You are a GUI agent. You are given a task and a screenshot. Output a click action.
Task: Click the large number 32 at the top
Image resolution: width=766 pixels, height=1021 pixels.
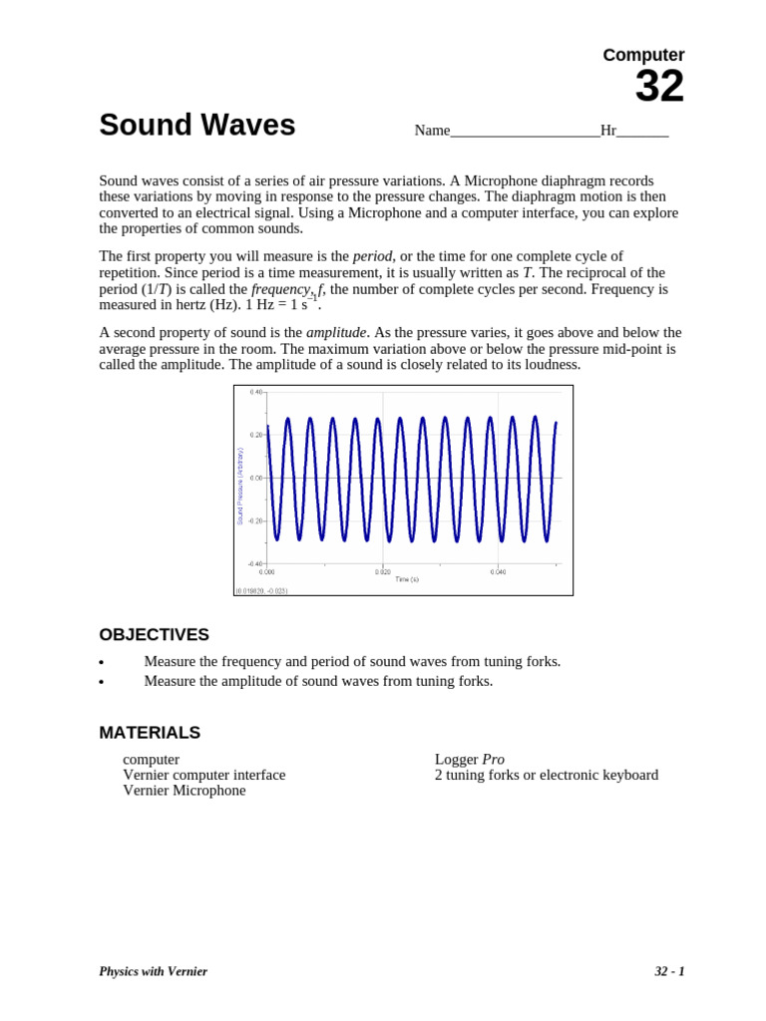659,88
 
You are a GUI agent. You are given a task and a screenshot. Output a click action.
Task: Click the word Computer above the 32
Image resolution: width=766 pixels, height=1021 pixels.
643,55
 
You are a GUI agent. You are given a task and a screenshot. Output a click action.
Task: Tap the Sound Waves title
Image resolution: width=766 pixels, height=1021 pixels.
197,126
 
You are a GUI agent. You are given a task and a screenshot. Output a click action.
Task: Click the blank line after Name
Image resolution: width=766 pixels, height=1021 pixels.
525,132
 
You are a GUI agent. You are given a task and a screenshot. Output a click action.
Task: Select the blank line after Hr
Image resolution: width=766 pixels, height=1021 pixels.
642,132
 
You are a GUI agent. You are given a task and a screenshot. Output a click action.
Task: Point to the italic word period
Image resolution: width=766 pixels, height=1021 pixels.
372,256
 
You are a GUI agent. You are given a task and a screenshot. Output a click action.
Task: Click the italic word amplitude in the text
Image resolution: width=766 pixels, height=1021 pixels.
336,332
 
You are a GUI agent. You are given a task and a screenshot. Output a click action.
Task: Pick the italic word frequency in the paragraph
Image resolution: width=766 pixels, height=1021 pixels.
280,289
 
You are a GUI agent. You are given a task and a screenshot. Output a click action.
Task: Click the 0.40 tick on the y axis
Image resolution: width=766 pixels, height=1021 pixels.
256,392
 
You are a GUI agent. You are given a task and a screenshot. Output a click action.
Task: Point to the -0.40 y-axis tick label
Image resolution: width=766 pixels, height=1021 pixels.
255,563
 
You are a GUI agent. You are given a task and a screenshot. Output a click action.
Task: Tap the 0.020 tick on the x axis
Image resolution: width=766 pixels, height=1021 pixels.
383,571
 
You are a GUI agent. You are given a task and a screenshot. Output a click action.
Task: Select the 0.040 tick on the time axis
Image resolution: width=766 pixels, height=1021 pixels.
498,571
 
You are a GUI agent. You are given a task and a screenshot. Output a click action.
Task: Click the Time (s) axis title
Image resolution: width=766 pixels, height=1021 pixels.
407,579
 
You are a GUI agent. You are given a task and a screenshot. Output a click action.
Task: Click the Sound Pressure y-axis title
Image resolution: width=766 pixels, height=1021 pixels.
240,487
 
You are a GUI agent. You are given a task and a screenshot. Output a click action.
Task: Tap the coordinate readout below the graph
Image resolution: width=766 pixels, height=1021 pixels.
262,590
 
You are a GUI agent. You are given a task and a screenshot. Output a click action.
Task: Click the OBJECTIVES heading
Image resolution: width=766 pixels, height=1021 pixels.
154,635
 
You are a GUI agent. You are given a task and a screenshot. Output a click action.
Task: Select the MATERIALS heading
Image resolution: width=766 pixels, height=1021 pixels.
150,733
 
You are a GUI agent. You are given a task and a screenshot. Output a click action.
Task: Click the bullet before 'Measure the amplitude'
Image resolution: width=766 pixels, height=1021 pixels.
102,683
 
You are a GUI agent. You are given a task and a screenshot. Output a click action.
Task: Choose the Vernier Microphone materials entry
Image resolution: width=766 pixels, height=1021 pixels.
184,791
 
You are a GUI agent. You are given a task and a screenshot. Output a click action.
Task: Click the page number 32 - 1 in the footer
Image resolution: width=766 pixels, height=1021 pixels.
669,971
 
